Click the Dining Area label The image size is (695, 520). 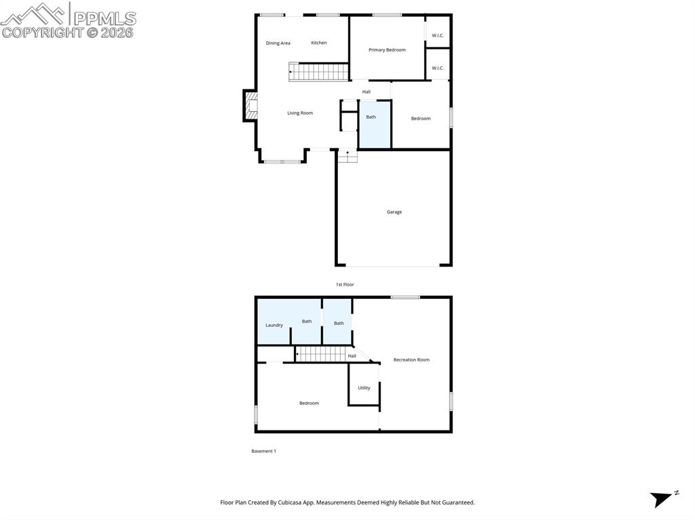(278, 43)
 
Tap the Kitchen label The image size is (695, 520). (319, 43)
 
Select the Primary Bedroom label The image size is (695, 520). (387, 50)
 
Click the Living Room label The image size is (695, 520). (300, 113)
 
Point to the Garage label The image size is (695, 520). (394, 212)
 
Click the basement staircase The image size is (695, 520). (322, 354)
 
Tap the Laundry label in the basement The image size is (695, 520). (274, 325)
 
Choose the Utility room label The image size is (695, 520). (364, 388)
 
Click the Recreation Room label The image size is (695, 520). (411, 360)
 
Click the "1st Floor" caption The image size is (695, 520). (345, 285)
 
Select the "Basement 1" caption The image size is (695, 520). (264, 451)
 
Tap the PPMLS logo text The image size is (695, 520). (104, 18)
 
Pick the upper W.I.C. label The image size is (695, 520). (438, 35)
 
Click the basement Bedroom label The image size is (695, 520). (309, 403)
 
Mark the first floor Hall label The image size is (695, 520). (367, 92)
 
